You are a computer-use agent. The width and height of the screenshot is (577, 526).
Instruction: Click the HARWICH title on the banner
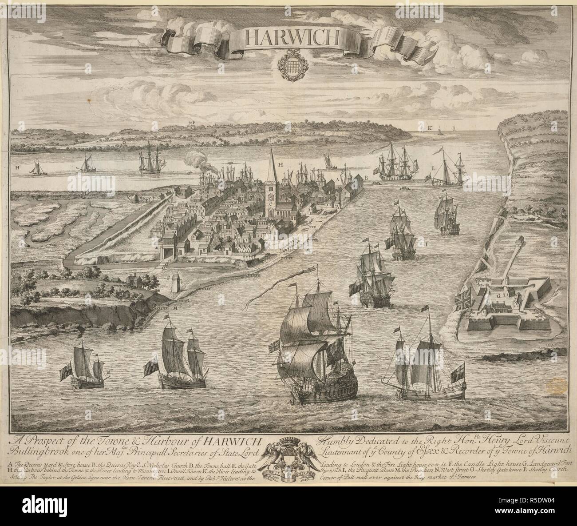point(291,39)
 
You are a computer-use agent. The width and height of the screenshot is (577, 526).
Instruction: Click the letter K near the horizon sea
point(430,128)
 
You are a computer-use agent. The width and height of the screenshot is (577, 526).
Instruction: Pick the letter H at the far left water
point(17,168)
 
